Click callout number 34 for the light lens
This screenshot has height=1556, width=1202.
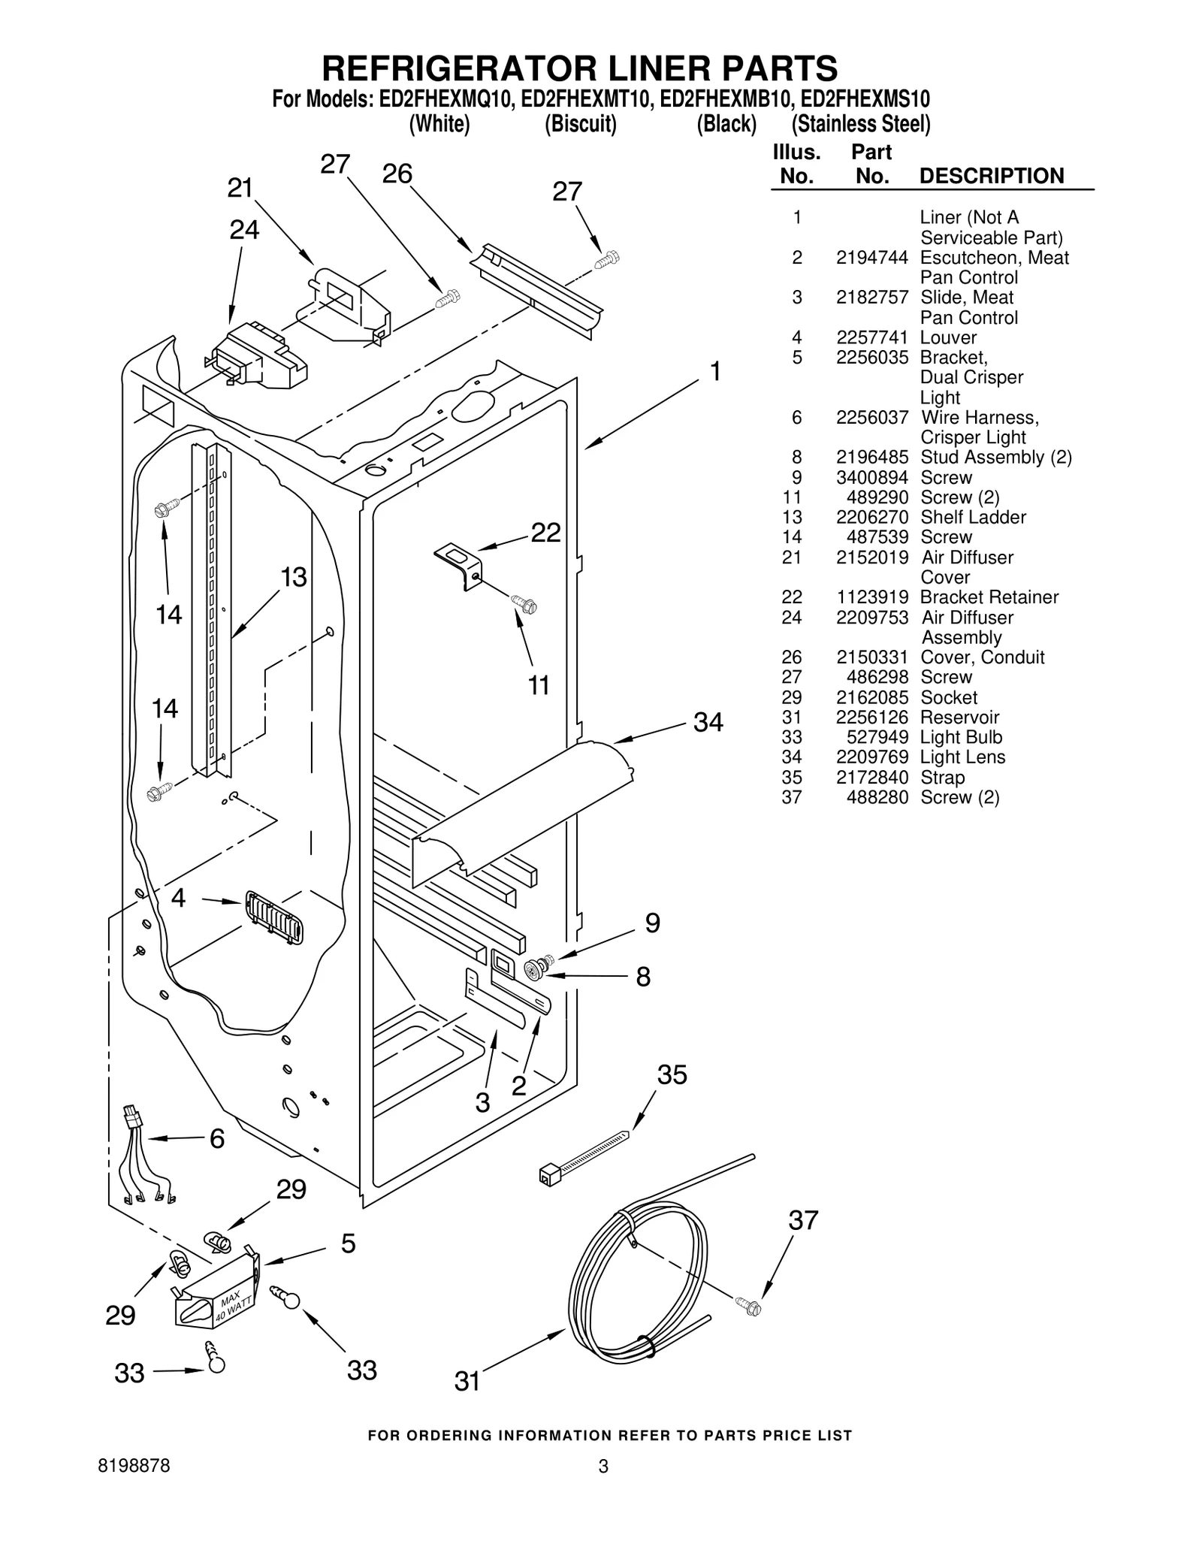(708, 723)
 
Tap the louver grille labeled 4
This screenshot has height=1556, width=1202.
(273, 917)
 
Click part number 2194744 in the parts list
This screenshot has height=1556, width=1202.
(871, 258)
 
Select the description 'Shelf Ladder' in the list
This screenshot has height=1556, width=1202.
(973, 517)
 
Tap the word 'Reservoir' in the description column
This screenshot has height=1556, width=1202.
(959, 717)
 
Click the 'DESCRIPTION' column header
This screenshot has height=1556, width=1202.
(991, 176)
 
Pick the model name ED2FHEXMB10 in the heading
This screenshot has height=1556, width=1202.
(726, 99)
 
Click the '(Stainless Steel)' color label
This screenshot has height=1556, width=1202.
(860, 124)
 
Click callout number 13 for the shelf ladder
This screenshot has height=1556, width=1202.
(294, 577)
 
